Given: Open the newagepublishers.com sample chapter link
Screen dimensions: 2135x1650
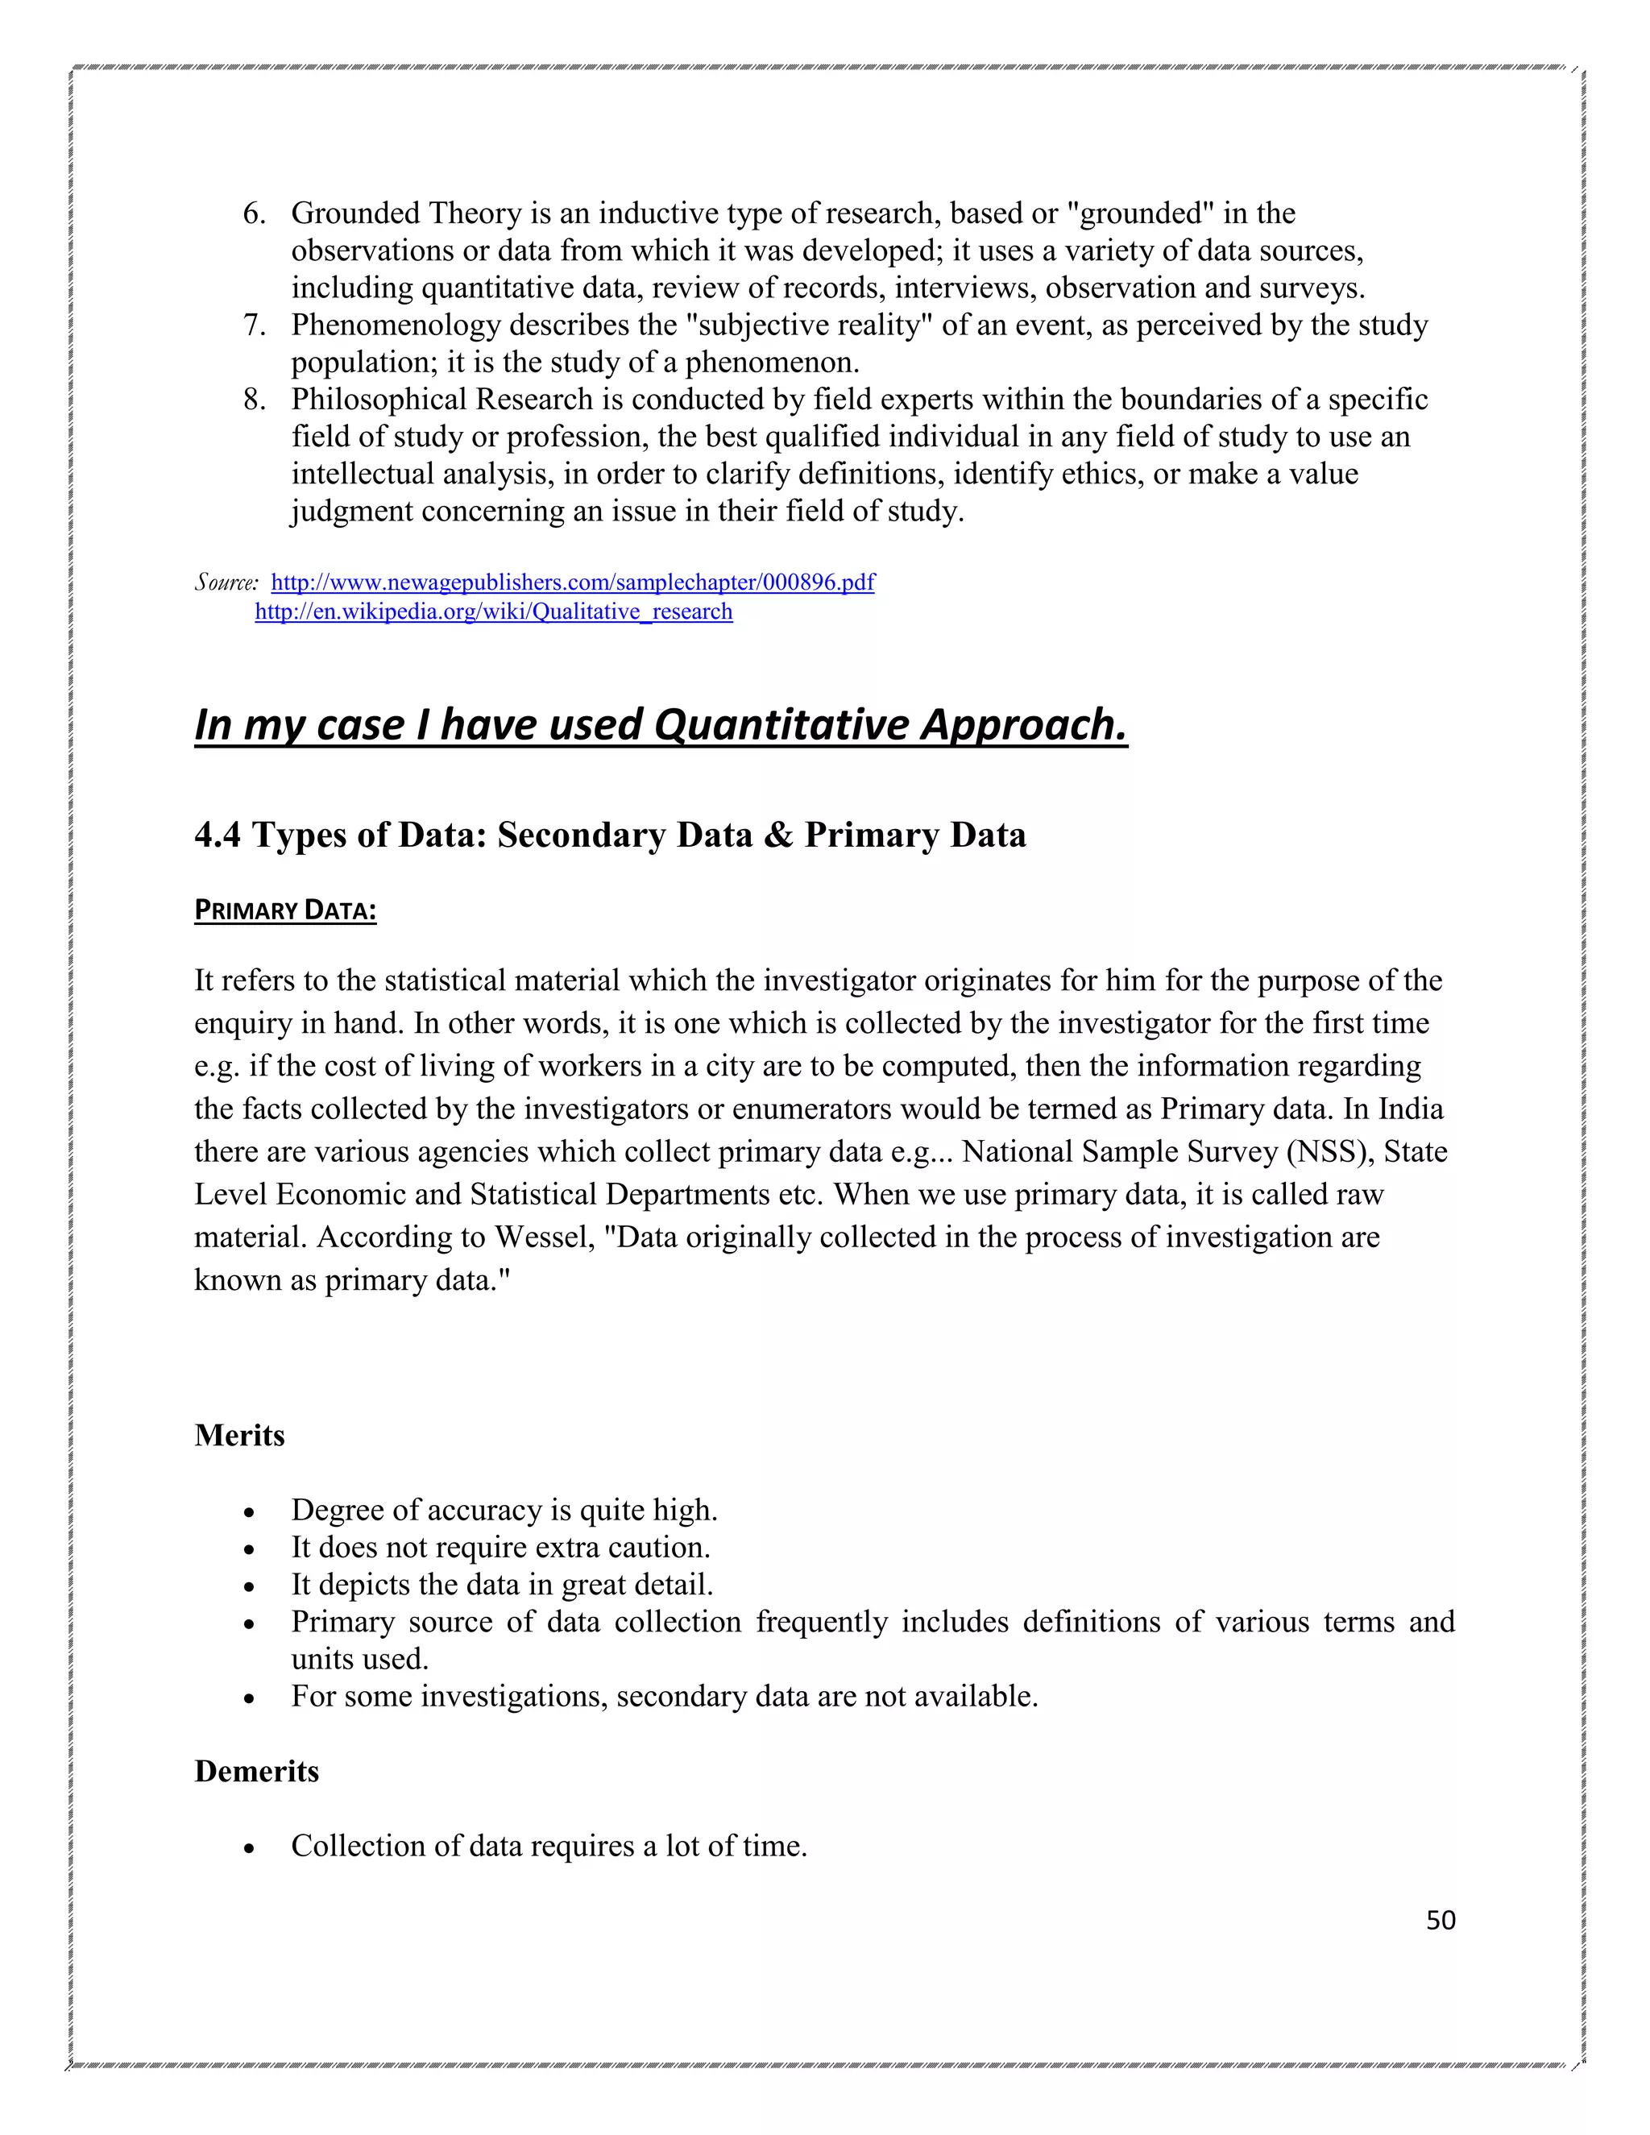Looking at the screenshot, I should (572, 582).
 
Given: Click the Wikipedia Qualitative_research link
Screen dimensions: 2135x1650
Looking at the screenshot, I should (494, 612).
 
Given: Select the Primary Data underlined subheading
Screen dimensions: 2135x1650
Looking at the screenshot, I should (284, 910).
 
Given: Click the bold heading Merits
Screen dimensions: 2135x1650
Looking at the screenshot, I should (239, 1435).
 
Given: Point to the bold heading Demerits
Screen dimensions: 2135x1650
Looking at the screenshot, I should (256, 1772).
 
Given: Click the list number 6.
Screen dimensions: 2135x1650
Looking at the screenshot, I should (253, 213).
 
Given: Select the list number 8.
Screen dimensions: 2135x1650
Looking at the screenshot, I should (253, 399).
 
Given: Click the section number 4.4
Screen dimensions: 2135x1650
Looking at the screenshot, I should (217, 835).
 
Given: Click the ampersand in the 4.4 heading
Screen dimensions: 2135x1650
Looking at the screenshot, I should (778, 835).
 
